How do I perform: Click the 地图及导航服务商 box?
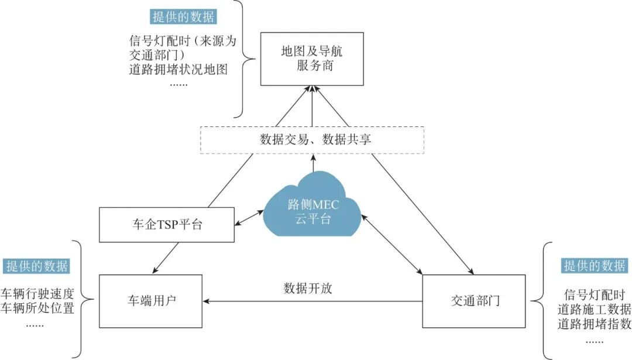pos(312,59)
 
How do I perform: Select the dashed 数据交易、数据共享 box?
pos(312,140)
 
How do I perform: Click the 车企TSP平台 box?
pos(167,224)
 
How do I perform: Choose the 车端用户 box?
pos(151,301)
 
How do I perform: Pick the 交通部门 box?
pos(475,301)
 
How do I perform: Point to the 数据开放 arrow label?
pos(308,288)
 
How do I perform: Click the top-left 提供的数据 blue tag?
pos(183,16)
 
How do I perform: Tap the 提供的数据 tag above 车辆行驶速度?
pos(36,266)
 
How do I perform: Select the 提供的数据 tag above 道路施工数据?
pos(594,266)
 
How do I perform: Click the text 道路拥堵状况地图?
pos(178,70)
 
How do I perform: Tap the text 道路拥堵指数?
pos(594,324)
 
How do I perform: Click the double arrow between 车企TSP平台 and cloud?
pos(248,220)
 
